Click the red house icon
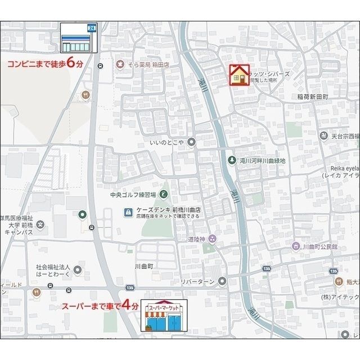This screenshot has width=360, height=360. click(x=240, y=74)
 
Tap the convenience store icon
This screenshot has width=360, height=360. click(x=79, y=38)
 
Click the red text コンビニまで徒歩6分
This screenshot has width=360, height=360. click(x=45, y=64)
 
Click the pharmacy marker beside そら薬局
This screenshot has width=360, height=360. click(x=120, y=65)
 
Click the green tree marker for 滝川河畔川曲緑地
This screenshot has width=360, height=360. click(x=232, y=160)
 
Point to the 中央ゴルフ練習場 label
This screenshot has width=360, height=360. click(x=132, y=195)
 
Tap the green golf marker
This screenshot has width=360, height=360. click(x=164, y=195)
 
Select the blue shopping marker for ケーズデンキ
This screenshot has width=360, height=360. click(x=128, y=211)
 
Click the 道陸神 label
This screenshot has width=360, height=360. click(x=196, y=238)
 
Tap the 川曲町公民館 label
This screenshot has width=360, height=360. click(x=319, y=247)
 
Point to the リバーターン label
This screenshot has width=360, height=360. click(x=199, y=281)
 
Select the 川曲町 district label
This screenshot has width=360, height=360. click(x=145, y=265)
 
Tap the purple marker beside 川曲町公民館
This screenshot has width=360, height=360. click(x=296, y=246)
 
